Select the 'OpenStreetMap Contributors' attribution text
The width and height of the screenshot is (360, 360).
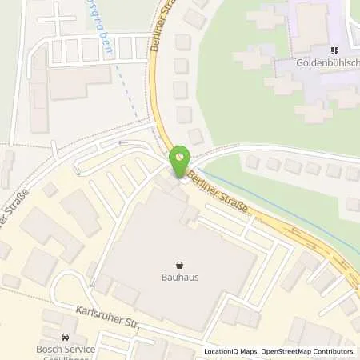click(x=306, y=351)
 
